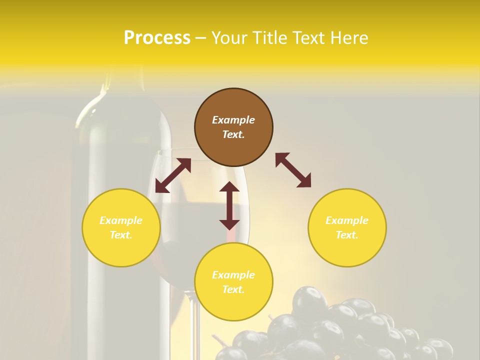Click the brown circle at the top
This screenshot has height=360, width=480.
point(233,127)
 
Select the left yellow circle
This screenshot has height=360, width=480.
point(121,227)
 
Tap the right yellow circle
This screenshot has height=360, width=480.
point(347,227)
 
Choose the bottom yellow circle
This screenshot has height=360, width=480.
point(233,282)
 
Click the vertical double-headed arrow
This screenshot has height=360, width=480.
point(229,205)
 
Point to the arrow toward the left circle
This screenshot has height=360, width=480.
point(173,175)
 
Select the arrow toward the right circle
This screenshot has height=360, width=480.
point(293,170)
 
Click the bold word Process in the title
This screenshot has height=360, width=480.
point(157,38)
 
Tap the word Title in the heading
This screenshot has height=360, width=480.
point(269,38)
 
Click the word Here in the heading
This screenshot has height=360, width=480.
point(349,38)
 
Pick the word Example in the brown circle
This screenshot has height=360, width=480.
point(233,120)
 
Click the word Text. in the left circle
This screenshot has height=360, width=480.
point(121,235)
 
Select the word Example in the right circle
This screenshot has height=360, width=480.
point(347,220)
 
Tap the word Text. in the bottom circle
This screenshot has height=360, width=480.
point(233,289)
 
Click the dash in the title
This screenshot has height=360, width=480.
point(200,38)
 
